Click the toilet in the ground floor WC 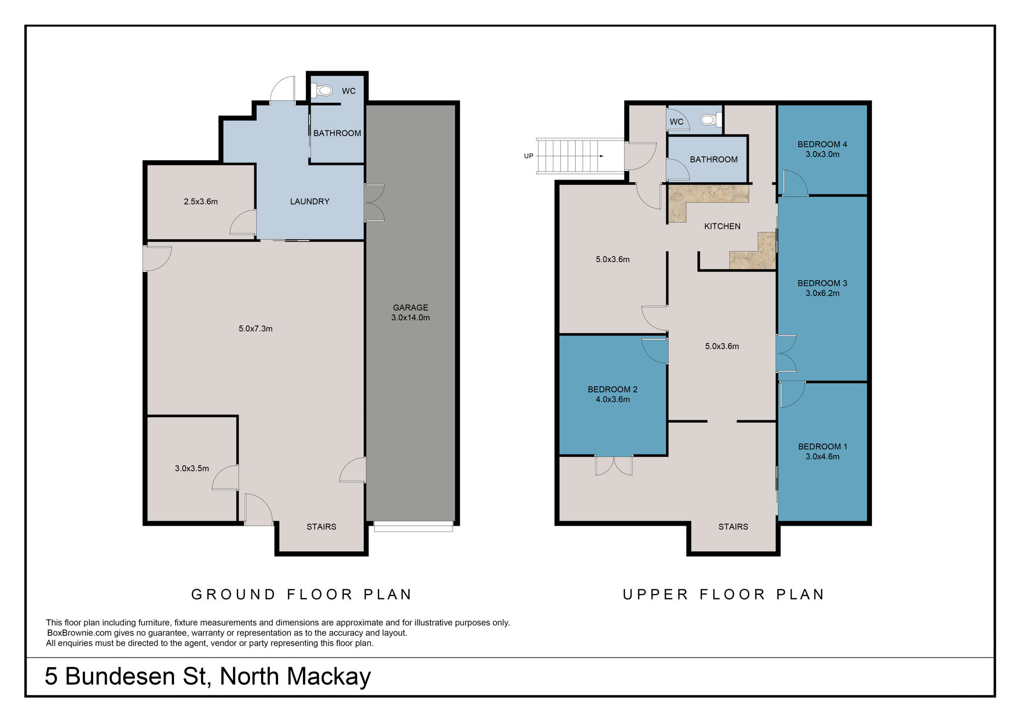click(324, 91)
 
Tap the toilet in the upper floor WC click(709, 120)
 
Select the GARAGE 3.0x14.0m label click(410, 312)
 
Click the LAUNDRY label click(309, 202)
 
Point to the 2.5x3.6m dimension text click(201, 202)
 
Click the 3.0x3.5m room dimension click(192, 468)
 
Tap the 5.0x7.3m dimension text click(256, 329)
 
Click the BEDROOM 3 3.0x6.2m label click(822, 288)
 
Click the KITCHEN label click(722, 226)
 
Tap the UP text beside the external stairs click(528, 156)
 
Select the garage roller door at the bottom click(413, 527)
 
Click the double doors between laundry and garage click(374, 203)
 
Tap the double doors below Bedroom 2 click(613, 465)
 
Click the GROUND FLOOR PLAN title click(301, 594)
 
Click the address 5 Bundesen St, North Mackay click(208, 676)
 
